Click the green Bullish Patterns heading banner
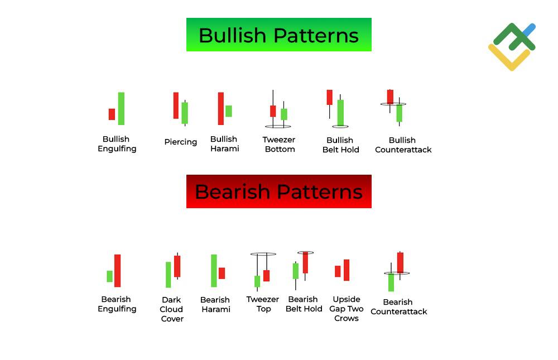[278, 35]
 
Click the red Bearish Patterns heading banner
[278, 191]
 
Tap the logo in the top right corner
[512, 46]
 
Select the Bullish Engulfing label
[117, 144]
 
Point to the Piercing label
[180, 142]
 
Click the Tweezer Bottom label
[279, 145]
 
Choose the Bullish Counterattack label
[403, 145]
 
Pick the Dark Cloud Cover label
[171, 309]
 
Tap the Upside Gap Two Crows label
[346, 309]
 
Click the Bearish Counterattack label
[398, 307]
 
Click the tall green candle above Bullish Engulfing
[121, 108]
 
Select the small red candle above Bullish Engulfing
[112, 114]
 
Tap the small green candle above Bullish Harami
[228, 111]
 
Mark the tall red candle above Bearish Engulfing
[117, 271]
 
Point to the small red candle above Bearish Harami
[222, 273]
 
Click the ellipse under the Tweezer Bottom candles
[277, 127]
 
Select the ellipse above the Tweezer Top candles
[263, 254]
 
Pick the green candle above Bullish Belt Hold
[340, 112]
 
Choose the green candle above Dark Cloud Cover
[168, 275]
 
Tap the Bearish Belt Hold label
[304, 304]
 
